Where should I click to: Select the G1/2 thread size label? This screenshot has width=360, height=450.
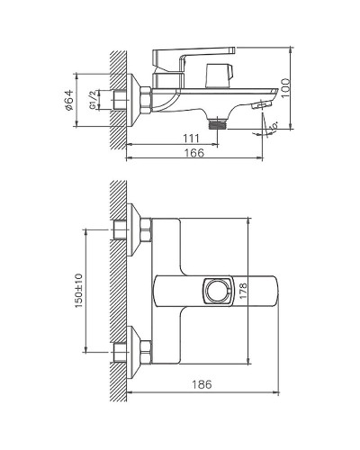93,104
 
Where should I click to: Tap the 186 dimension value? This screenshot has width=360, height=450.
202,385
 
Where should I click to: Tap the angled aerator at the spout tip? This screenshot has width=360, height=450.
260,107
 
